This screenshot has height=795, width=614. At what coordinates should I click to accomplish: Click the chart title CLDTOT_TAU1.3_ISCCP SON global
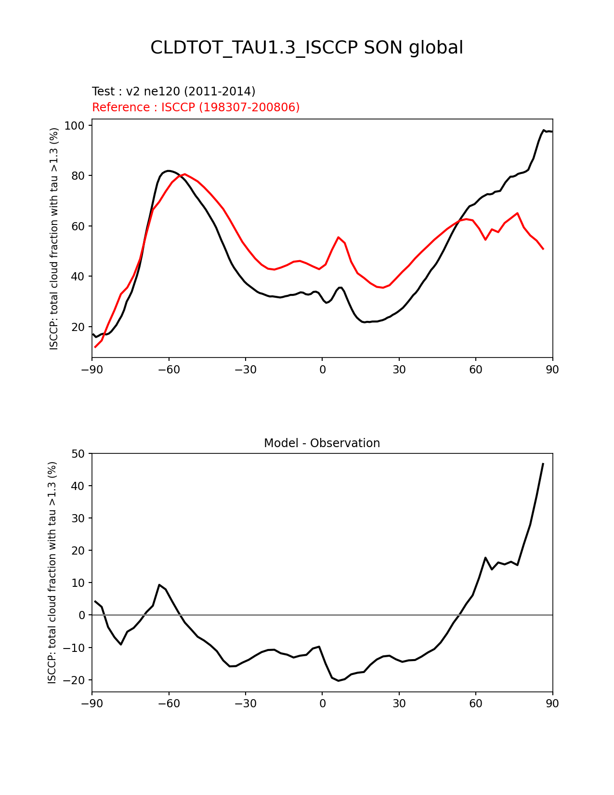(307, 48)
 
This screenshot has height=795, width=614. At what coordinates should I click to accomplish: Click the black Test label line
(173, 92)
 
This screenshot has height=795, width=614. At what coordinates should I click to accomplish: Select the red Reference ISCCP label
(196, 107)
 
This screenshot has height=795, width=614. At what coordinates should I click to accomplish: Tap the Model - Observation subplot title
(322, 443)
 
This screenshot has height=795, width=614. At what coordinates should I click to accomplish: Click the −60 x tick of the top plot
(169, 370)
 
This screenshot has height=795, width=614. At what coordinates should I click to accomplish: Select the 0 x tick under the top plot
(322, 370)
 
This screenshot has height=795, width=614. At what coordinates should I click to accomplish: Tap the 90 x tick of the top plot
(552, 370)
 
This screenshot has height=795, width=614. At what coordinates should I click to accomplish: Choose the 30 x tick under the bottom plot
(399, 704)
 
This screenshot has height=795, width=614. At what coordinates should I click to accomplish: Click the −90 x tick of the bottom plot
(92, 704)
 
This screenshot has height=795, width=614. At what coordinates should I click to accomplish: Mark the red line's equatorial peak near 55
(339, 237)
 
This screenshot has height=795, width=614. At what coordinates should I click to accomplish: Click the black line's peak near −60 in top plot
(168, 171)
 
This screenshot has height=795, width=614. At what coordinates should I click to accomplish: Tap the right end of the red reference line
(543, 249)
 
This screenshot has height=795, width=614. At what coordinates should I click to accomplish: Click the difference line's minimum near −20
(339, 681)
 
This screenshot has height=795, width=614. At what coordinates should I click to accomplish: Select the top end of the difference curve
(543, 464)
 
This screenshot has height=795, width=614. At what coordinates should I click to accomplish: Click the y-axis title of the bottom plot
(52, 572)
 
